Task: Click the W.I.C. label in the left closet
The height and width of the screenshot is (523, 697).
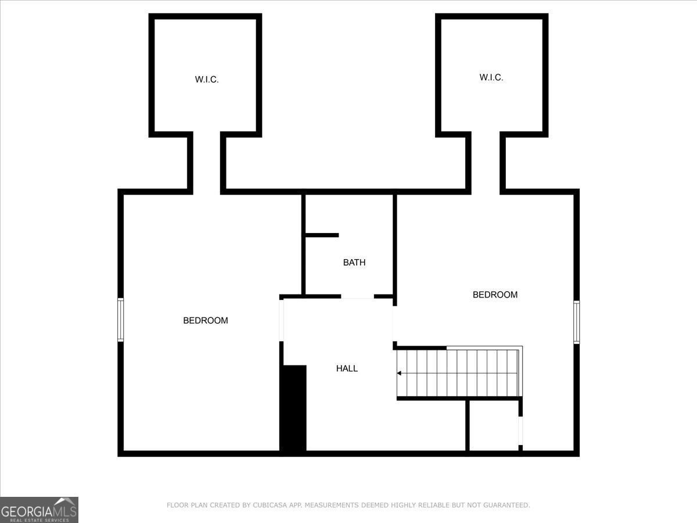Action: point(207,80)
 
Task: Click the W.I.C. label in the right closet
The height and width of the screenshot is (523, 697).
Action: point(491,77)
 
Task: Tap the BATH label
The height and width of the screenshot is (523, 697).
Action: point(354,262)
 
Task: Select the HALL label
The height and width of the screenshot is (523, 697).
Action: point(347,368)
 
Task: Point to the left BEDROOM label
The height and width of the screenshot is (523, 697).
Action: point(206,320)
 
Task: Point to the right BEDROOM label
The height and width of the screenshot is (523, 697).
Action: point(495,295)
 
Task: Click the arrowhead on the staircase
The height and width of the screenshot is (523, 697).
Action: point(399,373)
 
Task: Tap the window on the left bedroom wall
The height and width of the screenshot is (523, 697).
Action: point(121,320)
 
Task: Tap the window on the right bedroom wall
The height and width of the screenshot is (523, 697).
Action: point(577,322)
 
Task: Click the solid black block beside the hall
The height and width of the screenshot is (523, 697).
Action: point(293,408)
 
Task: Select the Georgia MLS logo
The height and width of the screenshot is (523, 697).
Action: point(39,510)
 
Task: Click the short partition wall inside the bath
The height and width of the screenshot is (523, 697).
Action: point(322,235)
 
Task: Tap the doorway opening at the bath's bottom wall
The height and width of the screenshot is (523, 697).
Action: point(358,296)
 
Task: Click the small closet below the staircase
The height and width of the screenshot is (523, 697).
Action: point(494,425)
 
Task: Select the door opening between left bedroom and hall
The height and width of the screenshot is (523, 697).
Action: point(281,320)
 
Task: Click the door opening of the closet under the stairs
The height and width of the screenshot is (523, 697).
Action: point(520,431)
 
